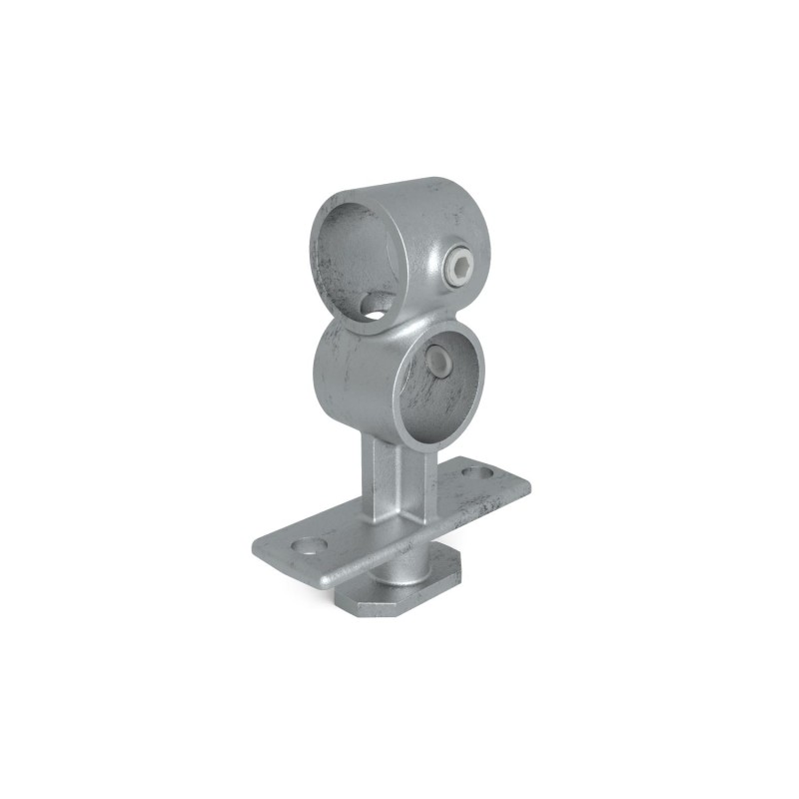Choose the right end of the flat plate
pyautogui.click(x=524, y=484)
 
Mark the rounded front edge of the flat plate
pyautogui.click(x=399, y=556)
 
